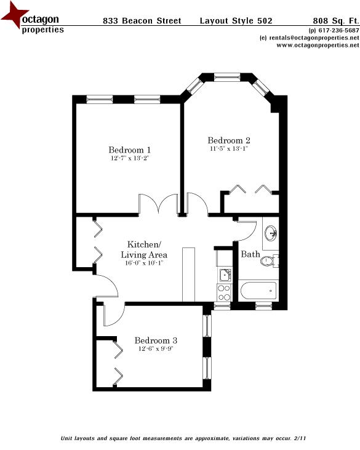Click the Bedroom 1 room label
(129, 150)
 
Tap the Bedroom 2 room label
(228, 140)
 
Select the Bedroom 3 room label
(156, 340)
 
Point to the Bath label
(250, 254)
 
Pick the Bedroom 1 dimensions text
(129, 159)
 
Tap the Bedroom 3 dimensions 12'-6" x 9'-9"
(156, 349)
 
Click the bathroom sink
(270, 233)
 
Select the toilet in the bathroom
(268, 261)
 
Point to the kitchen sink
(224, 273)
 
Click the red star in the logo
(14, 17)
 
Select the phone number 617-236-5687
(335, 31)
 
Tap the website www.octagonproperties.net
(313, 45)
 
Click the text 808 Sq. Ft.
(336, 21)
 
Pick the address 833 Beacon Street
(142, 21)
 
